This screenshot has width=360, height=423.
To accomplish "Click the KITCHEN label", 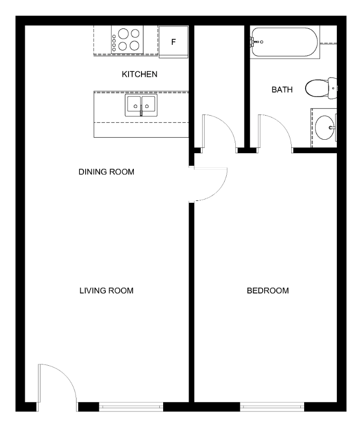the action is [x=139, y=74].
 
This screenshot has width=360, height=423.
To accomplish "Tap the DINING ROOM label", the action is [x=106, y=172].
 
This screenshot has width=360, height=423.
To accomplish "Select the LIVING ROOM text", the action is [x=106, y=291].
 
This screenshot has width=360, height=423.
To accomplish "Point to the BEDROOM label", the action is [x=268, y=291].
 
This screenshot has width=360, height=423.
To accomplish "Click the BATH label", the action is [x=282, y=90].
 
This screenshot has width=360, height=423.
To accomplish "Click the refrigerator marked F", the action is [x=174, y=42].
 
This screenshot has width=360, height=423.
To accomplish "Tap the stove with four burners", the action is [x=127, y=40].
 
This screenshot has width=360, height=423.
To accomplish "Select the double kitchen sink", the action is [x=141, y=105].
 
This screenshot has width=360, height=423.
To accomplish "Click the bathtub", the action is [x=284, y=42].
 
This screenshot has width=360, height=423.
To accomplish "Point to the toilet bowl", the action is [x=317, y=88].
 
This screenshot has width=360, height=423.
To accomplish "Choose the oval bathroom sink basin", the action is [x=324, y=128].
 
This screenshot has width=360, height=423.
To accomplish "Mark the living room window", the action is [x=131, y=407].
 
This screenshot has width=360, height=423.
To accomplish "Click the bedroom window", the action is [x=272, y=407].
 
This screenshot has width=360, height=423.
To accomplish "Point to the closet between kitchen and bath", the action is [x=219, y=86].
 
